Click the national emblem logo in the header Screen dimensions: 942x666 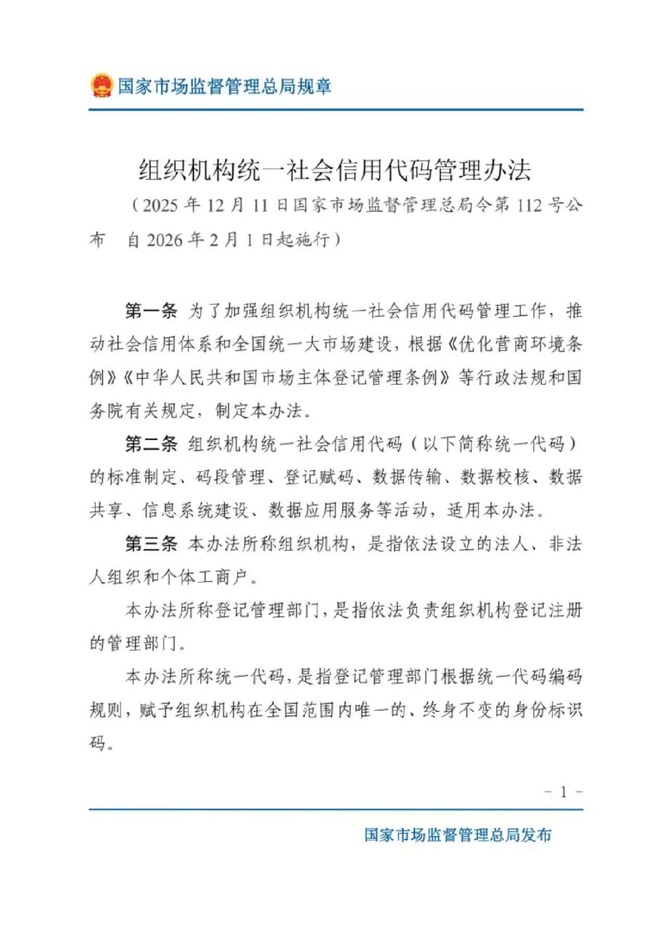pos(101,85)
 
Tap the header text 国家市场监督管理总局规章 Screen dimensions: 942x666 pos(224,86)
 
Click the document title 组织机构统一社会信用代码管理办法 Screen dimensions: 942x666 pos(335,171)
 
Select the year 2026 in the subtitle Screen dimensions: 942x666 pos(164,240)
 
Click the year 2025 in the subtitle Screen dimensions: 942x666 pos(160,206)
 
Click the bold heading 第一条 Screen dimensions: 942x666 pos(151,311)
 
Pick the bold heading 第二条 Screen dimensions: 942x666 pos(151,444)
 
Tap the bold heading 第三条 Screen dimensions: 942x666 pos(151,544)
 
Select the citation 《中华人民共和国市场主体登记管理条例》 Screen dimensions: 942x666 pos(286,378)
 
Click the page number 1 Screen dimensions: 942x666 pos(563,792)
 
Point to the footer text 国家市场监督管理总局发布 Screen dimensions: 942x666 pos(458,835)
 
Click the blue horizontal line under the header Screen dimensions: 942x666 pos(336,110)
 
